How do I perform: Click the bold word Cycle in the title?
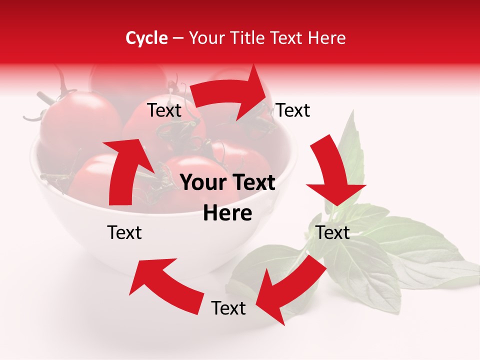click(146, 38)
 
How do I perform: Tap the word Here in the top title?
click(327, 38)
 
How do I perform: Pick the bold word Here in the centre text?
click(227, 213)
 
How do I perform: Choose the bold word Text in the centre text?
click(253, 183)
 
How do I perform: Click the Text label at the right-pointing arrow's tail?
click(164, 110)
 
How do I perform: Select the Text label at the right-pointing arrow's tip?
click(293, 110)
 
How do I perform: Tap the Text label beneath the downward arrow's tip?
click(332, 232)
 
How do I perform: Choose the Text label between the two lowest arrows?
click(228, 308)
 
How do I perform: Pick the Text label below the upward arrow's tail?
click(124, 232)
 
